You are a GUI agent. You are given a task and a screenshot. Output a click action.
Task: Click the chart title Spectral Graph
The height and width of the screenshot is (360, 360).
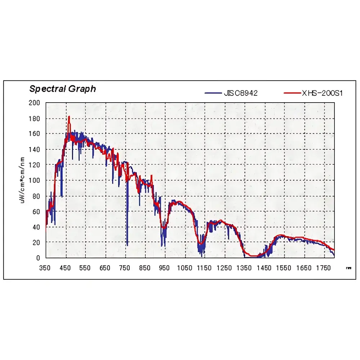(63, 89)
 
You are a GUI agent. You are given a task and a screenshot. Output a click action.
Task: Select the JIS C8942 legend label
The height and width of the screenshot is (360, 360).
(241, 93)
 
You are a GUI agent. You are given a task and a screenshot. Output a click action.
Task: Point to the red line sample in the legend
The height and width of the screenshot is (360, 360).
(291, 93)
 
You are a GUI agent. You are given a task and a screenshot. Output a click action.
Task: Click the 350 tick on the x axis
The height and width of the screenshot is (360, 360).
(45, 268)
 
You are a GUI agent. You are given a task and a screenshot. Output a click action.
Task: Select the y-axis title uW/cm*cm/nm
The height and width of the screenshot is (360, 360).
(22, 180)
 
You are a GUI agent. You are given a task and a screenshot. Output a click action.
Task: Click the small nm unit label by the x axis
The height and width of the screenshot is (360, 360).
(348, 268)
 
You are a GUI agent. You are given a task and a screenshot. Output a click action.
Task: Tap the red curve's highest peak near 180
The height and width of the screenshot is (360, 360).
(69, 117)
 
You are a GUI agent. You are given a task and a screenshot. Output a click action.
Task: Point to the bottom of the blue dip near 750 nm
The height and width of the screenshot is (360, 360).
(127, 245)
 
